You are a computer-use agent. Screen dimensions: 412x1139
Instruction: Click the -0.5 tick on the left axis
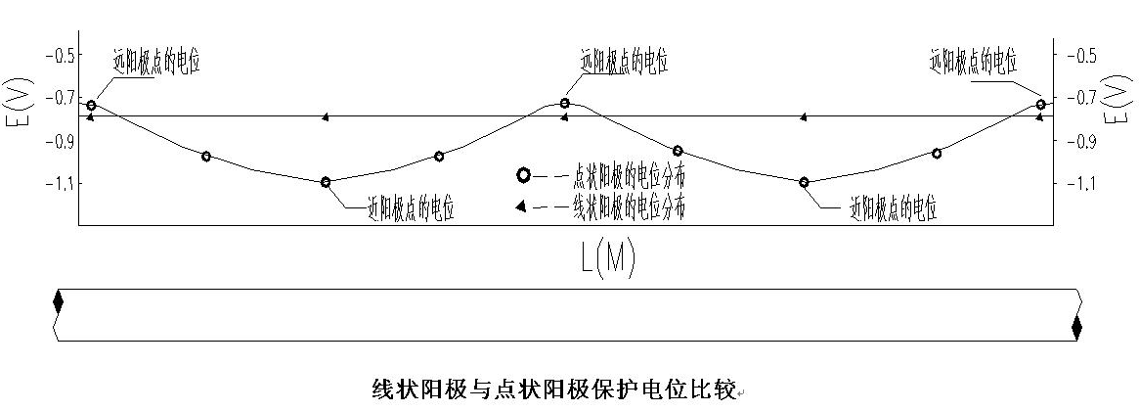(61, 55)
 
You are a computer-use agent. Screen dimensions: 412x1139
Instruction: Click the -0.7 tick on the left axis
(61, 97)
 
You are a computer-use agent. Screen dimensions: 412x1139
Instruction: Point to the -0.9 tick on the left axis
(61, 140)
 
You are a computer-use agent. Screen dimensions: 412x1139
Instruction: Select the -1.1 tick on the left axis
(61, 183)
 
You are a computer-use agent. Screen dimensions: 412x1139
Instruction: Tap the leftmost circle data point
(91, 105)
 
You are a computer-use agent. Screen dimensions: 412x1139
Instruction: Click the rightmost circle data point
(1040, 104)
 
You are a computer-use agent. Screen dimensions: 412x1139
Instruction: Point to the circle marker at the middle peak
(565, 103)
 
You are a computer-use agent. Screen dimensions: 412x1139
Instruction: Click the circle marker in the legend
(523, 175)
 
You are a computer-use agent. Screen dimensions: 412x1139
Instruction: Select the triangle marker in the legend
(522, 206)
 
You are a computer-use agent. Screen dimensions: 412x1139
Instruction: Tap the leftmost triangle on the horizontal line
(90, 117)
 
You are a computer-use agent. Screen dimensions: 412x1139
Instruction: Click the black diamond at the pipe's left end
(58, 302)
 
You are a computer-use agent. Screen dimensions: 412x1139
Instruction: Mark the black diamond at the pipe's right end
(1076, 328)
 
